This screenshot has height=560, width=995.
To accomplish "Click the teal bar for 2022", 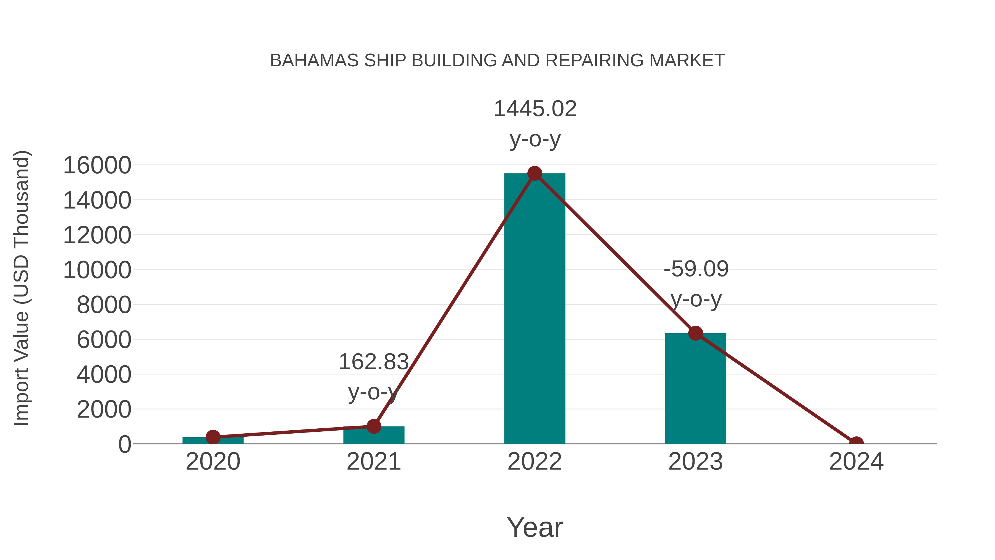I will coord(535,309).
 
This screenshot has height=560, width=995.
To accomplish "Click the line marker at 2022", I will coord(535,173).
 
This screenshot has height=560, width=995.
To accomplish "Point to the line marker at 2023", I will coord(695,333).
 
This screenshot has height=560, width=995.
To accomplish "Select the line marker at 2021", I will coord(373,426).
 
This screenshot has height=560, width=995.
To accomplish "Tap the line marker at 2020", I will coord(213,437).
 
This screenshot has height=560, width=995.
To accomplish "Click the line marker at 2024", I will coord(856,443).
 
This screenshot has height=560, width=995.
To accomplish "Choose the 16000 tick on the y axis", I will coord(97,165).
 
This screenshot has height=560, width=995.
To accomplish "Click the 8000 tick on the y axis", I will coord(104,305).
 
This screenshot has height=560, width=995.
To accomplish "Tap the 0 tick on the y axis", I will coord(125,444).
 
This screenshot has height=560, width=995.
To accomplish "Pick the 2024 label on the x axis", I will coord(856,462).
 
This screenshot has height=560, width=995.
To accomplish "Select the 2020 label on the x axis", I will coord(213,462).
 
